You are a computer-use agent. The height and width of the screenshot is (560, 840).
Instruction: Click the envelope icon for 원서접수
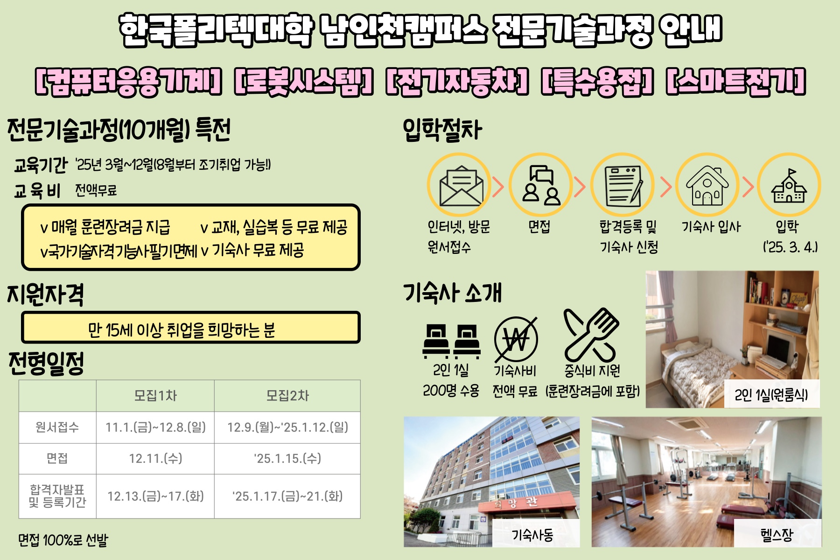461,186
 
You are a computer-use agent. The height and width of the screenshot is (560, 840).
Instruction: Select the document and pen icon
623,186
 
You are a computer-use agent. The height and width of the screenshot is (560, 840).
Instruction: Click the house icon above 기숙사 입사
707,185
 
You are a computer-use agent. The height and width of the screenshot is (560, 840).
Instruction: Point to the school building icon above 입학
789,185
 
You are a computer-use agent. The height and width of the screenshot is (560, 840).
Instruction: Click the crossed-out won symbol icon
516,339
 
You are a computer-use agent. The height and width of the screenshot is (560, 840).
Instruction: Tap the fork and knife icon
591,335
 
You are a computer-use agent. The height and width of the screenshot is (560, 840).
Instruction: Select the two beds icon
451,341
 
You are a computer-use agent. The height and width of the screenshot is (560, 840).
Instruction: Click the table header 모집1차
155,396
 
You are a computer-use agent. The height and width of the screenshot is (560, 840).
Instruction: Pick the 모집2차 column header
287,396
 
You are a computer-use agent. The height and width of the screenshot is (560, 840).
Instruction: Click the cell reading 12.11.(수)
155,458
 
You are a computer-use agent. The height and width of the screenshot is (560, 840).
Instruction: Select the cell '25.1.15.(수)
287,458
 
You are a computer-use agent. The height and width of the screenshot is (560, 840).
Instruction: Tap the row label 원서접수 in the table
57,427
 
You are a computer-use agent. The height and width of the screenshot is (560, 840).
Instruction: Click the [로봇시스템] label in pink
304,82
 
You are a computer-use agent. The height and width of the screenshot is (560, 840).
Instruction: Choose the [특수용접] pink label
597,82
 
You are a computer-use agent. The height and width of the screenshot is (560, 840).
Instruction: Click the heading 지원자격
45,294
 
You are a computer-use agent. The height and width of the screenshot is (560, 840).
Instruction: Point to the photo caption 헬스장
777,534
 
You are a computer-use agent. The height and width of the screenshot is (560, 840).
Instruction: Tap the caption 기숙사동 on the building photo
533,534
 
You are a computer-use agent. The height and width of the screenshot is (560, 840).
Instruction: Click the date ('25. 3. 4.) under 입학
791,247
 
